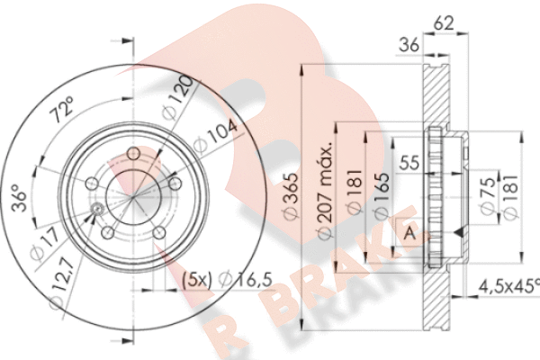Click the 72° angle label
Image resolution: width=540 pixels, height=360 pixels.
(x=62, y=114)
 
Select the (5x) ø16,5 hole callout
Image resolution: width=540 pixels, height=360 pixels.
(x=217, y=281)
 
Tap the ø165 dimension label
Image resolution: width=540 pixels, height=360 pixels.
(x=381, y=197)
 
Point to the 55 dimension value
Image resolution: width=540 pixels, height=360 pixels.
(x=410, y=163)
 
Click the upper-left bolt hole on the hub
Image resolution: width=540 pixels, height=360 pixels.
(x=92, y=184)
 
